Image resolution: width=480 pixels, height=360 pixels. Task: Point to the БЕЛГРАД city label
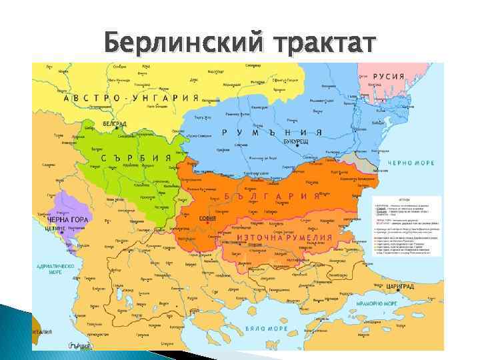tap(96, 125)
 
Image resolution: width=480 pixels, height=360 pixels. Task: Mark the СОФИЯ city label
tap(207, 217)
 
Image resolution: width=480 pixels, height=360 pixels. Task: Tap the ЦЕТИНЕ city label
tap(55, 227)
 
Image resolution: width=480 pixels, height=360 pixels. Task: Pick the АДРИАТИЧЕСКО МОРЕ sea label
tap(55, 268)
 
